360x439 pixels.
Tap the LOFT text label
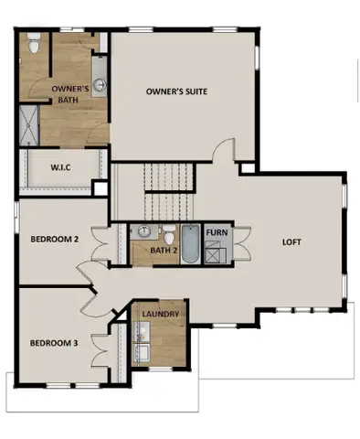(x=291, y=242)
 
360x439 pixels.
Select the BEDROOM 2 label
(x=55, y=239)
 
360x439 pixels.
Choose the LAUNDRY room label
(x=160, y=315)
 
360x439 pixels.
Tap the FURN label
(x=217, y=233)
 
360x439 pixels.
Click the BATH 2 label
(x=163, y=250)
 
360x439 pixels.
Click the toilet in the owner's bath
(x=34, y=41)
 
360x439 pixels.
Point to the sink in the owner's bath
(x=101, y=85)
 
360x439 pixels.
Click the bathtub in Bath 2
(x=190, y=244)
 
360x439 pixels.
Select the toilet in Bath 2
(x=169, y=231)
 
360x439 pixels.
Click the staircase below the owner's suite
(x=171, y=187)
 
